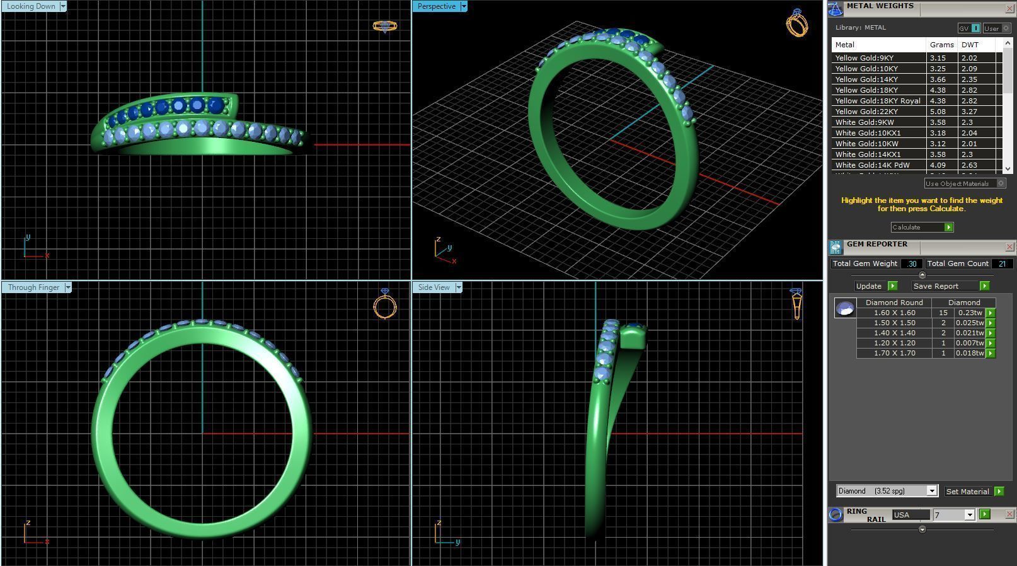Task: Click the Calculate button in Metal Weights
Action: (921, 227)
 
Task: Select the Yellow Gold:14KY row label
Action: (866, 79)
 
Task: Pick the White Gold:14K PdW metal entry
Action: (872, 165)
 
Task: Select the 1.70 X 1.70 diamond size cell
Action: (894, 353)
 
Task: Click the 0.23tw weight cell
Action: (970, 313)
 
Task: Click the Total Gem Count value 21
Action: (1001, 263)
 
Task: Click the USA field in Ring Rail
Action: (910, 515)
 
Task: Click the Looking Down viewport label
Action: (31, 6)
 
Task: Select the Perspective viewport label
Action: (436, 6)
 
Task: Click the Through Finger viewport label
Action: (33, 287)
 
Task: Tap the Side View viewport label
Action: (434, 287)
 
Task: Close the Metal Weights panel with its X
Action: (1009, 8)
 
